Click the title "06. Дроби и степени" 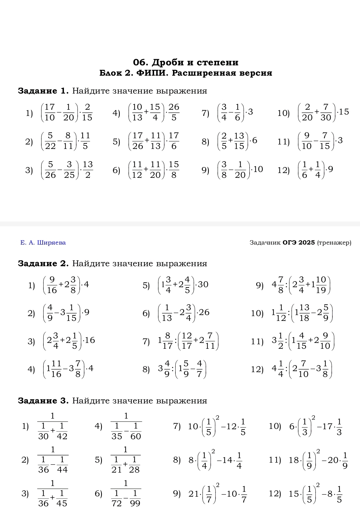click(186, 62)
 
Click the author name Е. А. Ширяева click(43, 243)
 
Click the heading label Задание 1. click(43, 91)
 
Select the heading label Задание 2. click(43, 264)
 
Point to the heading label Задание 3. click(43, 401)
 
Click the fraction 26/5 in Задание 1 click(174, 112)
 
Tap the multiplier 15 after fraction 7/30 click(343, 112)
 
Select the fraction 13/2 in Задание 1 click(88, 170)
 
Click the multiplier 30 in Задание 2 click(203, 284)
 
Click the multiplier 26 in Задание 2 click(204, 312)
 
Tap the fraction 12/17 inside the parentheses click(187, 340)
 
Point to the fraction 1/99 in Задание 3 click(135, 498)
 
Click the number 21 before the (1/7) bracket click(194, 494)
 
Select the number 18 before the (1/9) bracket click(294, 460)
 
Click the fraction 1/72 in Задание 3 click(117, 498)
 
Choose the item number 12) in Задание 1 click(283, 170)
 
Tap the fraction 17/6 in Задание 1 click(174, 141)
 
